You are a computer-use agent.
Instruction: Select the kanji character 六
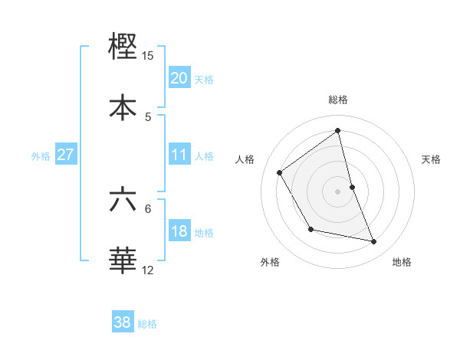[x=123, y=200]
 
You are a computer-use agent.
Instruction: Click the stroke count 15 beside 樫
[x=148, y=56]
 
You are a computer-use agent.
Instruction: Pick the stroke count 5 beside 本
[x=148, y=116]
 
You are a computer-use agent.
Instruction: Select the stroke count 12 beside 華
[x=148, y=270]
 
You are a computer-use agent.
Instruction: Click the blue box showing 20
[x=179, y=78]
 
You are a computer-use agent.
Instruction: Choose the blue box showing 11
[x=179, y=155]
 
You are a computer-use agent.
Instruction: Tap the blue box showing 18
[x=179, y=231]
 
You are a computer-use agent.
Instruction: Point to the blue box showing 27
[x=66, y=155]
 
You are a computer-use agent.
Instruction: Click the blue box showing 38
[x=123, y=322]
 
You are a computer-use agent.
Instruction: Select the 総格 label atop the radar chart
[x=338, y=100]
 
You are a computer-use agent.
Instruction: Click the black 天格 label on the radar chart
[x=432, y=159]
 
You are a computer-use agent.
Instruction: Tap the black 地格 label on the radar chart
[x=402, y=263]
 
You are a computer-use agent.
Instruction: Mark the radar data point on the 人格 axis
[x=280, y=172]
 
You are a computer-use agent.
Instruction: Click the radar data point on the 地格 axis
[x=374, y=241]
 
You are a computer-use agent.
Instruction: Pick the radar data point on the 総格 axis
[x=338, y=131]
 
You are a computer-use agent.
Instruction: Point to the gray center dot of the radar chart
[x=338, y=191]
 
